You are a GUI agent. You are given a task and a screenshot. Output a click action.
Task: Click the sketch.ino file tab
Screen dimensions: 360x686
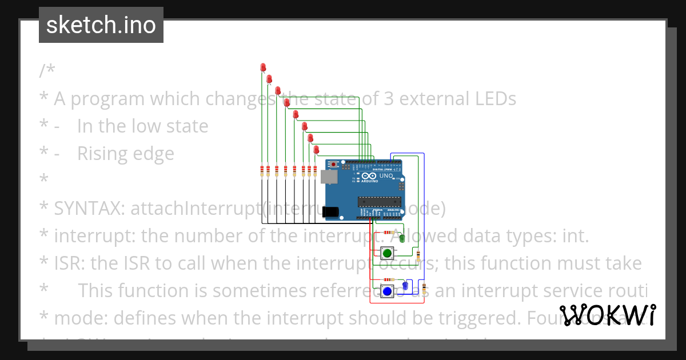[x=101, y=25]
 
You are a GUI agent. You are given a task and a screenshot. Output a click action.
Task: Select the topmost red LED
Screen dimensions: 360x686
[x=263, y=67]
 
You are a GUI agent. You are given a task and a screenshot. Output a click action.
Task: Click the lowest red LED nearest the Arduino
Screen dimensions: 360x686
[x=316, y=150]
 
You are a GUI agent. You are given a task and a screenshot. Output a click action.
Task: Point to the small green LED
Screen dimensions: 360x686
[x=402, y=238]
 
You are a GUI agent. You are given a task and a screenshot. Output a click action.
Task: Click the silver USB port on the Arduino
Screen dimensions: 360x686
[x=329, y=177]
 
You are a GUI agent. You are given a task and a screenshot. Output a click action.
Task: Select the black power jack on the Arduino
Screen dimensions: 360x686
[x=330, y=212]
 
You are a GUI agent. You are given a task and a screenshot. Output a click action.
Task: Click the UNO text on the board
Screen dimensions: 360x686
[x=386, y=176]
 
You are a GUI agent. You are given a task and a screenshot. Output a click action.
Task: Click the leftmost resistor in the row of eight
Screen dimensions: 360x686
[x=262, y=171]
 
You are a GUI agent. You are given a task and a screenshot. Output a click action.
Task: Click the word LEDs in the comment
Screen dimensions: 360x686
[x=492, y=99]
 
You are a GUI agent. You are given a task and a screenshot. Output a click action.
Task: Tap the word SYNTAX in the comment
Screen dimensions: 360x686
[x=89, y=209]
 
